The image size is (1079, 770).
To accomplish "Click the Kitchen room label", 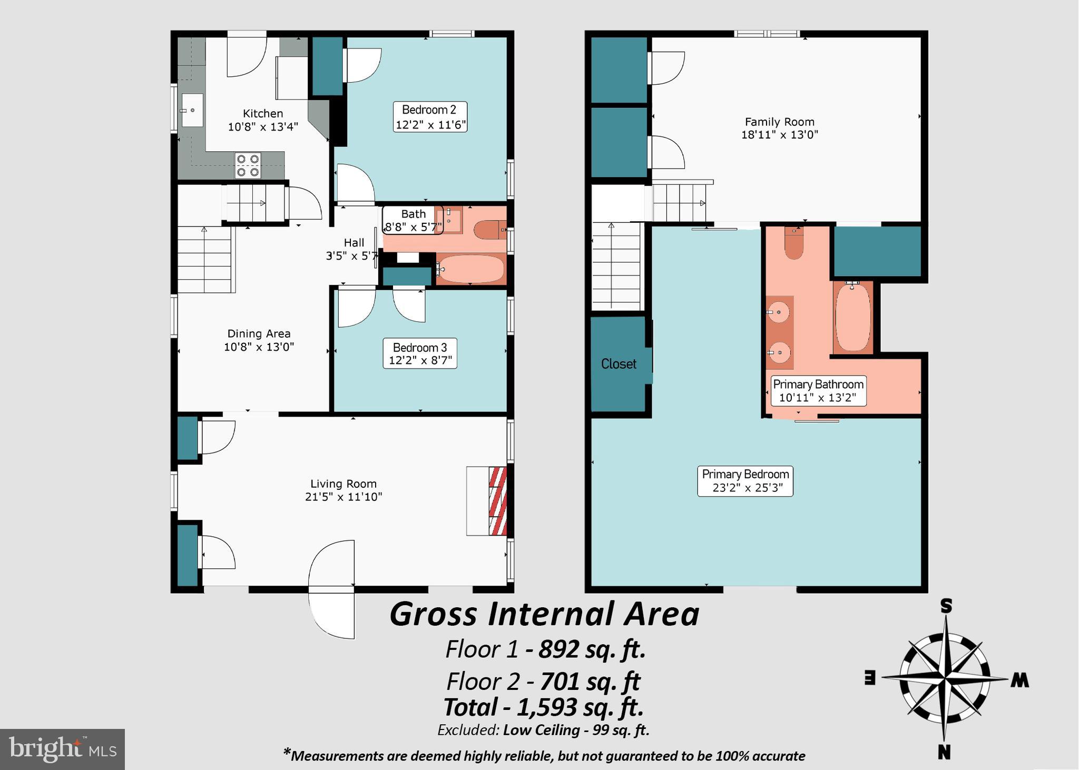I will click(x=263, y=120).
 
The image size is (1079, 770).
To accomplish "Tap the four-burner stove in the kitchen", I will click(x=248, y=165).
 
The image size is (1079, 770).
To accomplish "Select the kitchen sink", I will click(x=192, y=110).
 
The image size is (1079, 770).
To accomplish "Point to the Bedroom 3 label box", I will click(x=420, y=354).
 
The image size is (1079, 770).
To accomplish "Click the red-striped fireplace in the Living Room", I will click(x=498, y=500).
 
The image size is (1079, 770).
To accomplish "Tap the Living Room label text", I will click(x=343, y=490).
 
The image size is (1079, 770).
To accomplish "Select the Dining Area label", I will click(x=259, y=340).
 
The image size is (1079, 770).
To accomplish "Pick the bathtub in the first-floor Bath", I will click(x=470, y=269).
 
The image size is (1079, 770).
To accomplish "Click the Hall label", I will click(x=354, y=249).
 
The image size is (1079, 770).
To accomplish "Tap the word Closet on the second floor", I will click(x=619, y=364).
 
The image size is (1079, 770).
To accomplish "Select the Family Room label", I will click(x=779, y=128).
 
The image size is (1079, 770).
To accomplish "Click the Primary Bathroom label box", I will click(x=818, y=391).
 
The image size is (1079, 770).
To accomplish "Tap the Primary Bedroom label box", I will click(x=745, y=481).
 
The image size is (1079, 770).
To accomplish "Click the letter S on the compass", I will click(x=946, y=607).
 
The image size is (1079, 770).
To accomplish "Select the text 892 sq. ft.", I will click(x=592, y=649).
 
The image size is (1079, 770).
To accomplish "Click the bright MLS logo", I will click(x=62, y=749).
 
